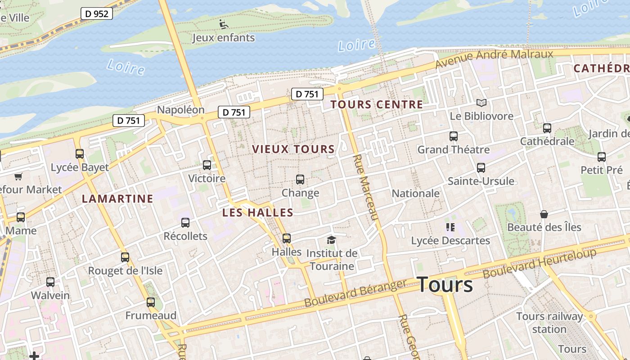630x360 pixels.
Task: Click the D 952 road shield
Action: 97,13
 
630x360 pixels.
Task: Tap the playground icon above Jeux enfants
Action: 224,24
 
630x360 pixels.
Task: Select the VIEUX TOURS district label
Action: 293,149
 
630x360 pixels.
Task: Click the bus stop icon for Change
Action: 300,180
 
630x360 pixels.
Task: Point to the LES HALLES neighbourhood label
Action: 258,213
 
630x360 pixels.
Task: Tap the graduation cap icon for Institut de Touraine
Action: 332,240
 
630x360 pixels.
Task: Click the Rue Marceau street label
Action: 365,187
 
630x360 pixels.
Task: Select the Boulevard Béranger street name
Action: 355,293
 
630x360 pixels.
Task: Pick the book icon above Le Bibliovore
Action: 481,103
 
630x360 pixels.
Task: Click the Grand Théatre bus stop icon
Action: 454,136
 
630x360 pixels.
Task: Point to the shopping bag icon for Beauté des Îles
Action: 544,214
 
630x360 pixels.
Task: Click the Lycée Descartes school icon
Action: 450,227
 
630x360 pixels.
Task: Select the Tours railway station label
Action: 549,323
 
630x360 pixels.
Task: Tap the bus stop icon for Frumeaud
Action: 151,302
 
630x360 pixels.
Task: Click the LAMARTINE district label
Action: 117,199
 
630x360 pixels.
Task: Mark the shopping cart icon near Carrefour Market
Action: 18,176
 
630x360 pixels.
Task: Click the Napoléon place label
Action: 180,110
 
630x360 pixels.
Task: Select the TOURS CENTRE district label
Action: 377,105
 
